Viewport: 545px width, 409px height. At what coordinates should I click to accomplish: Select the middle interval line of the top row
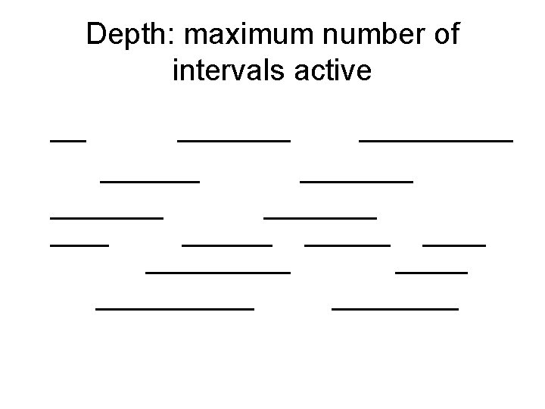click(x=234, y=139)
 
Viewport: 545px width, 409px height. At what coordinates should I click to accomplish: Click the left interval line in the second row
click(x=150, y=180)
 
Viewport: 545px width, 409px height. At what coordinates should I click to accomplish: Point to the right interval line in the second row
click(x=357, y=180)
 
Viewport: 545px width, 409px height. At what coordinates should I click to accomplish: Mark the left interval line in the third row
click(x=107, y=217)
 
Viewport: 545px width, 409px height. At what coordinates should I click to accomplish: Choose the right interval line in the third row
click(x=320, y=217)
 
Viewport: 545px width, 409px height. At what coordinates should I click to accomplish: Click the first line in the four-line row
click(x=79, y=245)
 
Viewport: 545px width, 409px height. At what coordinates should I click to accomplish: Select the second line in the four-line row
click(x=227, y=245)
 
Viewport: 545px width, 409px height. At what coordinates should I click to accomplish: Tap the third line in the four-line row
click(x=347, y=245)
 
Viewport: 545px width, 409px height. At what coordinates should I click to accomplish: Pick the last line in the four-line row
click(x=454, y=245)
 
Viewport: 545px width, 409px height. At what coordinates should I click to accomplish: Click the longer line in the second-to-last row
click(x=218, y=270)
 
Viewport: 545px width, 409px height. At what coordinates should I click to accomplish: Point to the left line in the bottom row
click(x=175, y=308)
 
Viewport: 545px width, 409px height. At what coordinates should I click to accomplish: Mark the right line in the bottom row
click(x=395, y=308)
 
